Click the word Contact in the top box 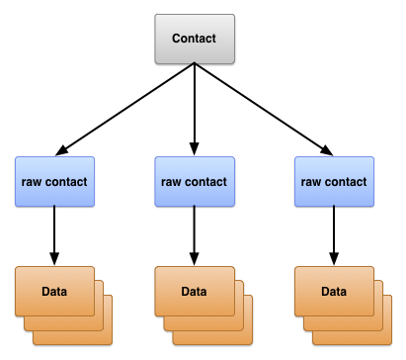tap(194, 39)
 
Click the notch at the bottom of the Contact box tap(195, 62)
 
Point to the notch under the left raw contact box tap(55, 205)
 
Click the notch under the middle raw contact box tap(195, 205)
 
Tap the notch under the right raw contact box tap(335, 205)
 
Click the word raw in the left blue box tap(34, 182)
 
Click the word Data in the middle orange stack tap(194, 292)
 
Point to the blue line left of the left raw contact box tap(7, 157)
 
